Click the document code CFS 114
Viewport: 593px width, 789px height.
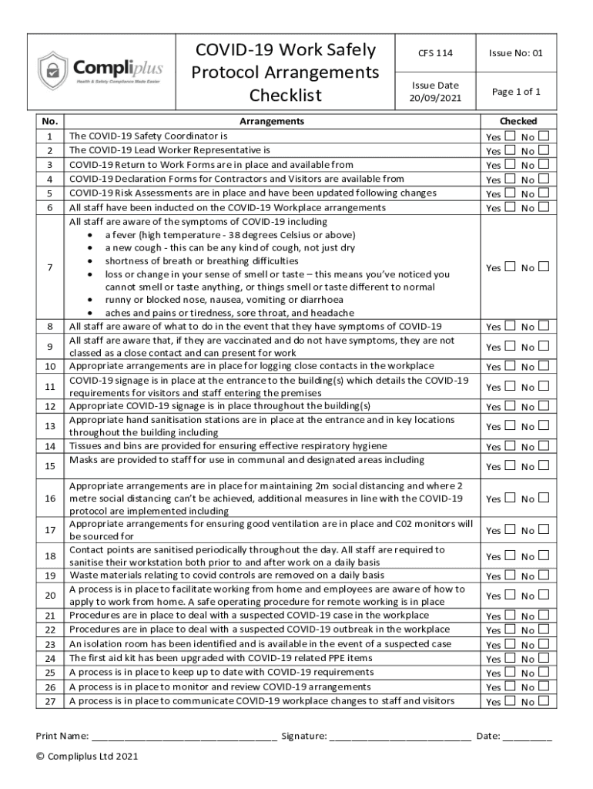pyautogui.click(x=435, y=53)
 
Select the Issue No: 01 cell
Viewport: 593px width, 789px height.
pyautogui.click(x=516, y=53)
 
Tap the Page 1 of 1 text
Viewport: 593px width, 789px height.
pyautogui.click(x=516, y=92)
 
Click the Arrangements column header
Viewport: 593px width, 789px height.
pyautogui.click(x=272, y=121)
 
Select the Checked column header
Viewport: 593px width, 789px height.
pyautogui.click(x=518, y=121)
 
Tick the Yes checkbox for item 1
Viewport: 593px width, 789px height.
pyautogui.click(x=509, y=136)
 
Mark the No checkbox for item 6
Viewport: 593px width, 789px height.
pyautogui.click(x=544, y=206)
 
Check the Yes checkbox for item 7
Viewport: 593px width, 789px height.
pyautogui.click(x=509, y=267)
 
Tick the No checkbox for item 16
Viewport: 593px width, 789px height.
pyautogui.click(x=544, y=498)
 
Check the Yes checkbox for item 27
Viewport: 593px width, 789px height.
pyautogui.click(x=509, y=700)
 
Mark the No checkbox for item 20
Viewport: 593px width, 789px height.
pyautogui.click(x=544, y=595)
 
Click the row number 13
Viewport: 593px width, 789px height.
pyautogui.click(x=50, y=426)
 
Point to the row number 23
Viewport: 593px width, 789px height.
pyautogui.click(x=50, y=644)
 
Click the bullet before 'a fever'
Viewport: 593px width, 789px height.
pyautogui.click(x=92, y=235)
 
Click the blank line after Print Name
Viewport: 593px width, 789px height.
pyautogui.click(x=184, y=737)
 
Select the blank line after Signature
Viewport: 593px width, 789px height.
pyautogui.click(x=400, y=737)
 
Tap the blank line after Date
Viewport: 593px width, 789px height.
pyautogui.click(x=528, y=737)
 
